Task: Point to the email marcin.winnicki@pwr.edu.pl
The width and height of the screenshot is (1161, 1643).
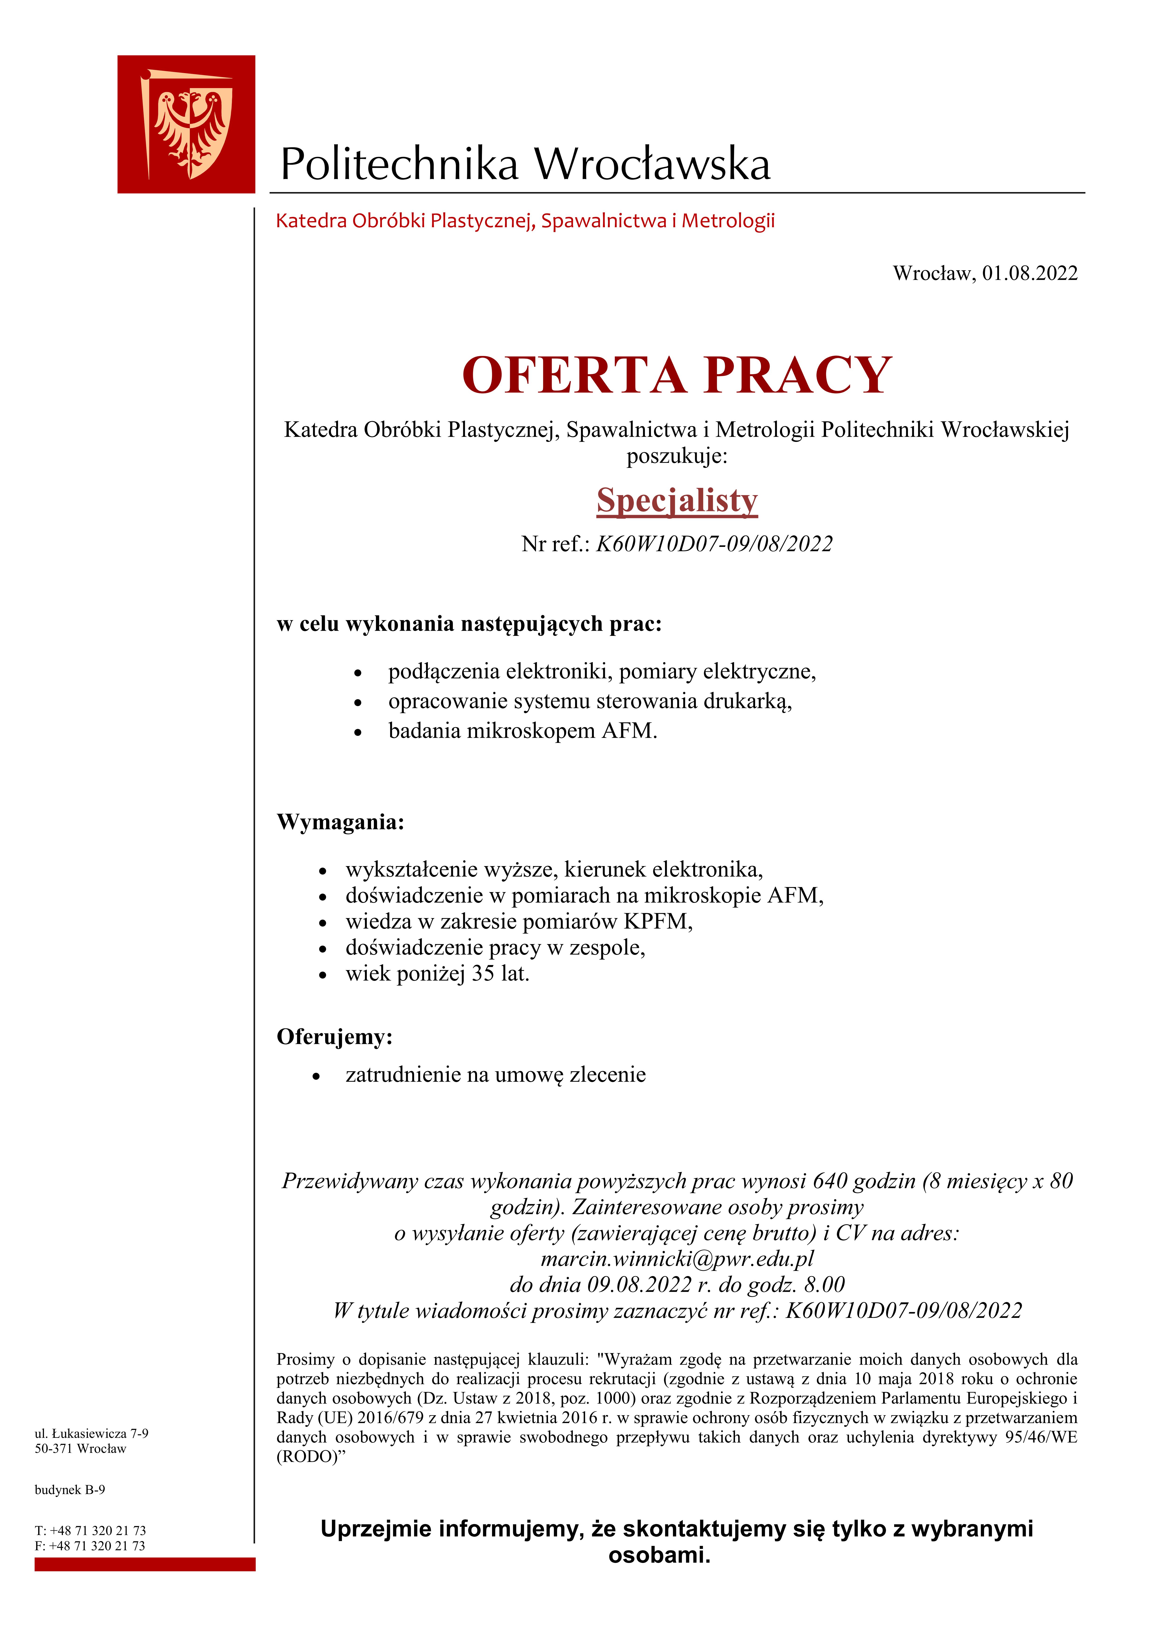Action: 677,1259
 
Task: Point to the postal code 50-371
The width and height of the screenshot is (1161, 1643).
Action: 54,1449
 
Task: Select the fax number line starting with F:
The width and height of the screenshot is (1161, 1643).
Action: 89,1546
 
